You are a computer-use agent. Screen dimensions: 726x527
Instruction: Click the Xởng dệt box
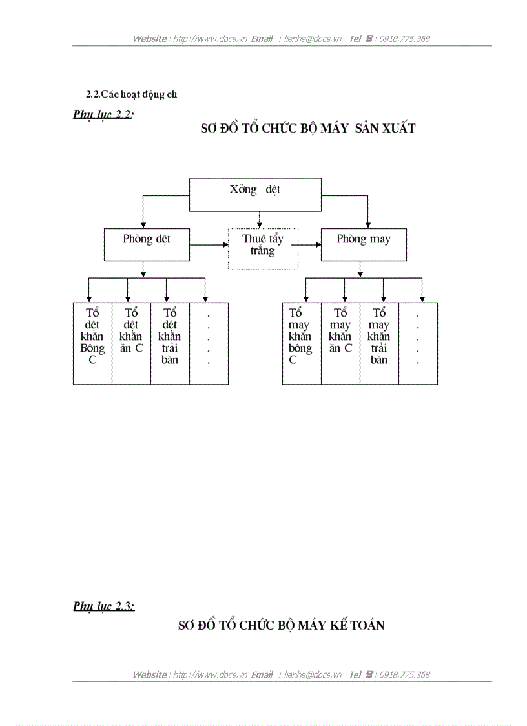point(255,195)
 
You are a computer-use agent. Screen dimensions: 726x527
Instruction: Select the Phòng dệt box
point(147,244)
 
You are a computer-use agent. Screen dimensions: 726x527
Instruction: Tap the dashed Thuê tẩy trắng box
point(263,248)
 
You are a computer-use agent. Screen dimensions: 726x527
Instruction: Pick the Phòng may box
point(364,244)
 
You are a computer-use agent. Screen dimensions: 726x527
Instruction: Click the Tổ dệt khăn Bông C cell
point(92,343)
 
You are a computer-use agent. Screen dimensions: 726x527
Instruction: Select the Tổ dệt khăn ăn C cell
point(131,343)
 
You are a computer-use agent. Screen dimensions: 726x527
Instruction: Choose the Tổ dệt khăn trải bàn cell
point(170,343)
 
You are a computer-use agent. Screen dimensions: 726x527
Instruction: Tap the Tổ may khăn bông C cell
point(302,343)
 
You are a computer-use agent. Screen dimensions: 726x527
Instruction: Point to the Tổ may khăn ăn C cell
point(340,343)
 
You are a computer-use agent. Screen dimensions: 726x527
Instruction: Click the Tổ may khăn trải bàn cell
point(379,343)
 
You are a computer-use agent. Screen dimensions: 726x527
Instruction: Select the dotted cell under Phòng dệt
point(209,343)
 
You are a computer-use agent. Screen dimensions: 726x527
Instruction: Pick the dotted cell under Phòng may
point(418,343)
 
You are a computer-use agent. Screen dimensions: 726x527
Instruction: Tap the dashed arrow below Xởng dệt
point(260,219)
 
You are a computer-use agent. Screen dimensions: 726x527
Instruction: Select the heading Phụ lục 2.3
point(104,606)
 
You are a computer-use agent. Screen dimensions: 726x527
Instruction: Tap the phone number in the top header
point(405,39)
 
